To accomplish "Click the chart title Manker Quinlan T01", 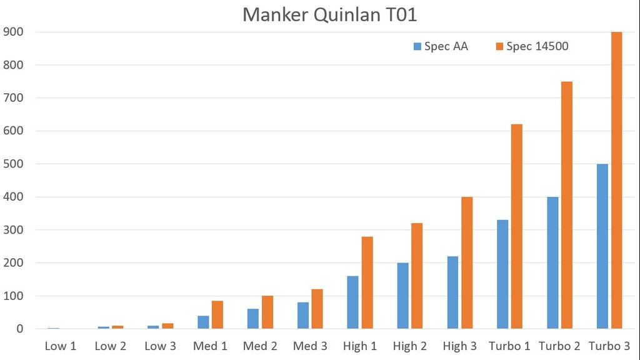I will click(x=329, y=14).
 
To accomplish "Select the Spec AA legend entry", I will click(x=441, y=46).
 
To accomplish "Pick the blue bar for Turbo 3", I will click(x=602, y=246).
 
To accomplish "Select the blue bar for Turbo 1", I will click(x=502, y=274).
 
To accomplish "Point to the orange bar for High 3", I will click(x=467, y=262).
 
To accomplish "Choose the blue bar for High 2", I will click(x=402, y=296).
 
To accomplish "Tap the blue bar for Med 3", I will click(x=303, y=316).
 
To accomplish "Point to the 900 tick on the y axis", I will click(x=13, y=32).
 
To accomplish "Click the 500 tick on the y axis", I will click(x=13, y=164).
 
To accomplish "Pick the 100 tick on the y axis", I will click(x=13, y=296).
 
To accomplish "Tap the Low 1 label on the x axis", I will click(x=60, y=346).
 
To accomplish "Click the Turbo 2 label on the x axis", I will click(x=559, y=346).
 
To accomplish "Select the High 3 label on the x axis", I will click(x=459, y=346).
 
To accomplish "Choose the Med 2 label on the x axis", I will click(x=260, y=346).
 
